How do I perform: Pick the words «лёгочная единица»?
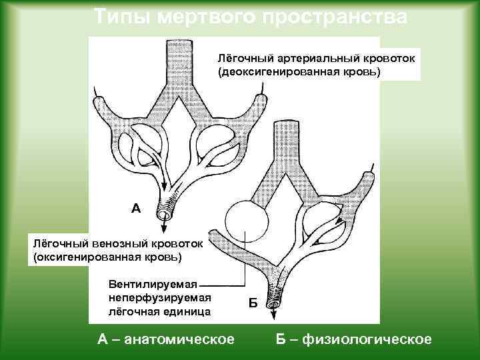pos(160,311)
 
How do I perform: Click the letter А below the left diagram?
pos(136,209)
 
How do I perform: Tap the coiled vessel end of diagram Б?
pos(273,293)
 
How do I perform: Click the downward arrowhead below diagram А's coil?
pos(163,227)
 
